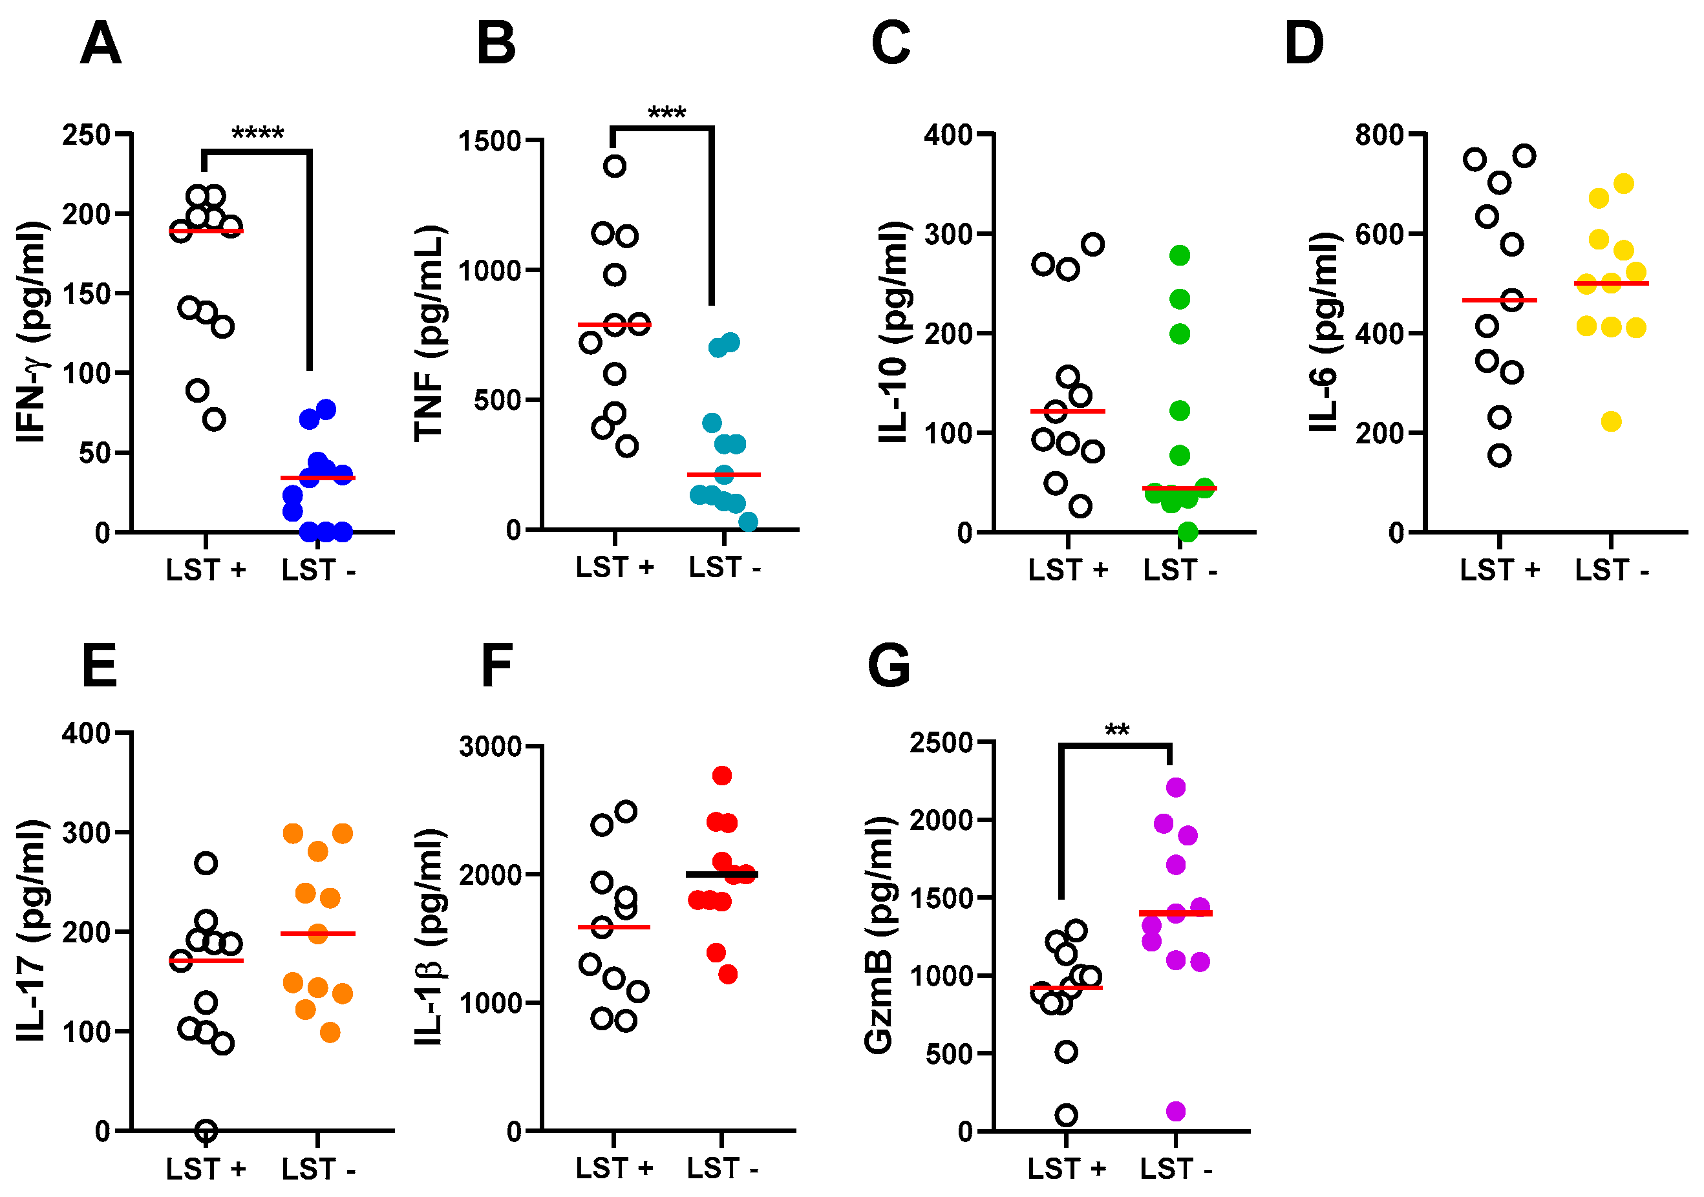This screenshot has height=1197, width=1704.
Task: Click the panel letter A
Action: [100, 45]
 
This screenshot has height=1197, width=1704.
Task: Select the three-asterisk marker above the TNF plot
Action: [666, 114]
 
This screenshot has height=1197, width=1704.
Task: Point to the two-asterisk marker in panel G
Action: [1116, 730]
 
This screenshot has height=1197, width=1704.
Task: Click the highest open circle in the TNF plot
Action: [613, 165]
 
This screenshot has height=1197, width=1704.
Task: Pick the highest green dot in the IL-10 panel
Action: [1179, 255]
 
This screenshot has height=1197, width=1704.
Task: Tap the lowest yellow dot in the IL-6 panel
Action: [1610, 421]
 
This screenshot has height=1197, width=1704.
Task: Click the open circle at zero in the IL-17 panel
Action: [206, 1131]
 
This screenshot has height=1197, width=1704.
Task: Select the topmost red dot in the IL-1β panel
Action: [721, 776]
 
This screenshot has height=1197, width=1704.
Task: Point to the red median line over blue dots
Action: [317, 477]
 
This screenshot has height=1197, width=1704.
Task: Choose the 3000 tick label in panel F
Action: [490, 746]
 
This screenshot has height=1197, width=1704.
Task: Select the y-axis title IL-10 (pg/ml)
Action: [893, 332]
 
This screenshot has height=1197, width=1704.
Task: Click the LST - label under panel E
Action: [317, 1170]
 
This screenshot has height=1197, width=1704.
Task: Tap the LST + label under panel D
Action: [1499, 570]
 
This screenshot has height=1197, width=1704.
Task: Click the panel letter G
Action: [888, 666]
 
